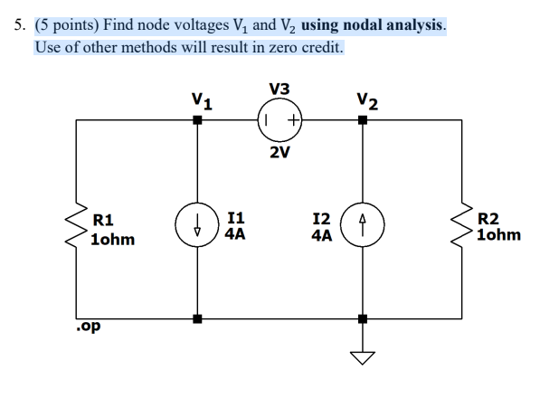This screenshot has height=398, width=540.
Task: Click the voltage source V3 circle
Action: point(279,99)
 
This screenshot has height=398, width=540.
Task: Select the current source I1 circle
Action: point(197,204)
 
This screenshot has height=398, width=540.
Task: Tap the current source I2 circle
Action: point(363,204)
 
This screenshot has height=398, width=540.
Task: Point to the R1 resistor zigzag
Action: point(77,225)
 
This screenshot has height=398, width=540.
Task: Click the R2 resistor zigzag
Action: point(462,225)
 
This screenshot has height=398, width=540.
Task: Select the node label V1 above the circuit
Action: point(202,101)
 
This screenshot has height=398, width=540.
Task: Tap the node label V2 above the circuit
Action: point(367,101)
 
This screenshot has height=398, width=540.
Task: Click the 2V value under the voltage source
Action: point(279,152)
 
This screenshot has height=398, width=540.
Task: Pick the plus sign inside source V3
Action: point(293,120)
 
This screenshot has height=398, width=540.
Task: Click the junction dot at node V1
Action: point(197,119)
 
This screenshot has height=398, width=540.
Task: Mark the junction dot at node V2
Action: point(363,119)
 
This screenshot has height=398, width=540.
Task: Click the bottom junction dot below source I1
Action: point(197,318)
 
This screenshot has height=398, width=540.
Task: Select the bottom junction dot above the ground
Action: point(363,318)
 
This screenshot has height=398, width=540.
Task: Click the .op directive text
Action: point(89,326)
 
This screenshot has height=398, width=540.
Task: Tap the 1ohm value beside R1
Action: point(113,240)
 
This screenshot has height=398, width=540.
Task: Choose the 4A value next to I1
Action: point(235,234)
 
